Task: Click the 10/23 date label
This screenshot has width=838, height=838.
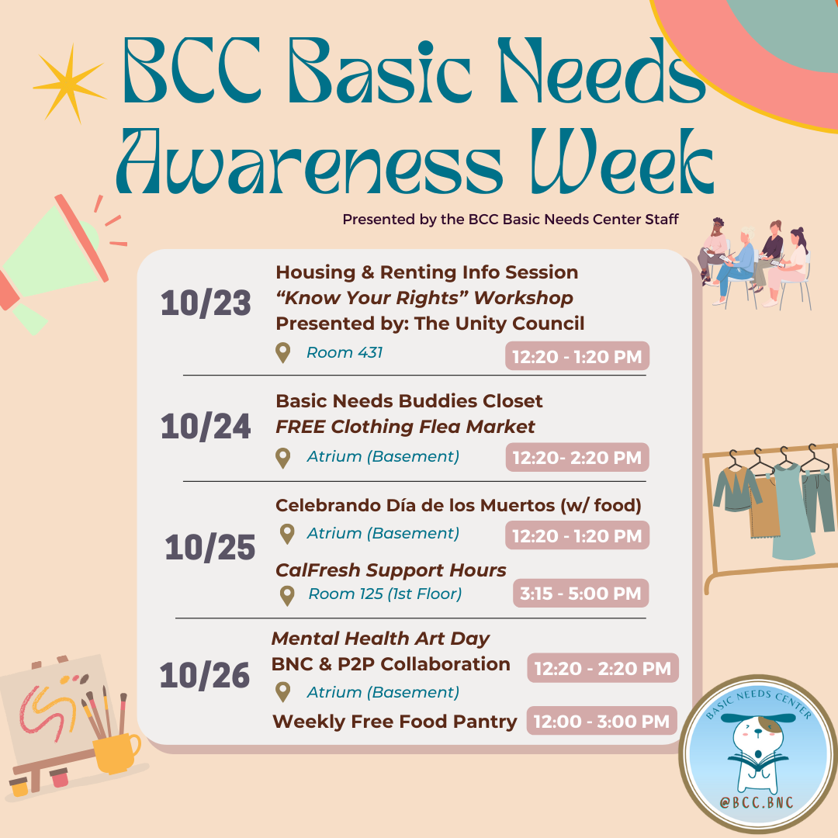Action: [206, 303]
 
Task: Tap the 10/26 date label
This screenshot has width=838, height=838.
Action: [205, 675]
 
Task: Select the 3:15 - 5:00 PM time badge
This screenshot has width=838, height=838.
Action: [580, 594]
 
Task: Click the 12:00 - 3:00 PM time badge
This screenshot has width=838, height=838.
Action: [602, 721]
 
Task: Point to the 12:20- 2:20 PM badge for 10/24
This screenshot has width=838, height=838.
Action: [577, 458]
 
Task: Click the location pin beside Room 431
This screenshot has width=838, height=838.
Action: [282, 353]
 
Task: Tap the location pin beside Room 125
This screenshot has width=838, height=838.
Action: [287, 595]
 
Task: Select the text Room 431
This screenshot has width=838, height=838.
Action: [345, 353]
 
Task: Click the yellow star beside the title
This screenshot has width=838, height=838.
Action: [70, 84]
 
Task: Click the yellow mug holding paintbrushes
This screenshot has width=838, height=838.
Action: [116, 753]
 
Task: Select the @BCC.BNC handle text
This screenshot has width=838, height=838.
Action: [757, 802]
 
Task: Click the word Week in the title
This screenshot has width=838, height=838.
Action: [622, 161]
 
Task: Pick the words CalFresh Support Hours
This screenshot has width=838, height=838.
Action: [390, 570]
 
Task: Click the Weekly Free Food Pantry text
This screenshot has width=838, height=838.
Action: [394, 722]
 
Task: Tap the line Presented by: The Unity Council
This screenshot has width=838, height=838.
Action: [430, 324]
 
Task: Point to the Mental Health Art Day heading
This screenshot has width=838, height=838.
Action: [380, 638]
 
